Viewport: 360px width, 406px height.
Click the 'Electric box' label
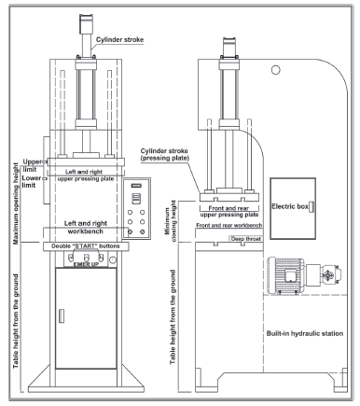[x=290, y=206]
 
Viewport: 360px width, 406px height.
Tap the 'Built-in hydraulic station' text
[x=305, y=333]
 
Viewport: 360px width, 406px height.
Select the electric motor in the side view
[x=304, y=275]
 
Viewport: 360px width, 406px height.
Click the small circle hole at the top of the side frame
[x=275, y=70]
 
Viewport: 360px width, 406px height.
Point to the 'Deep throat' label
[x=246, y=239]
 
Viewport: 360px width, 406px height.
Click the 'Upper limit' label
[x=32, y=165]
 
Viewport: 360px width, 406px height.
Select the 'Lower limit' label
[x=31, y=181]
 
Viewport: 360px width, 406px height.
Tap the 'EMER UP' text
[x=86, y=264]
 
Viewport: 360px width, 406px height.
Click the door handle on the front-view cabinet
[x=62, y=316]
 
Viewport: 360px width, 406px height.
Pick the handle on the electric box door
[x=312, y=207]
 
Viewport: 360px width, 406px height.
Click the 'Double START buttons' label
[x=86, y=246]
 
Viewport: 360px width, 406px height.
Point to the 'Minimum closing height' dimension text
[x=171, y=221]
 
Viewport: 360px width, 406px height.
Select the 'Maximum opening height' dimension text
[x=16, y=203]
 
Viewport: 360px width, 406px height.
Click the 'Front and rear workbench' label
[x=229, y=225]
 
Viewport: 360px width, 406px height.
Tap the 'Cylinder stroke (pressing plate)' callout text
[x=164, y=154]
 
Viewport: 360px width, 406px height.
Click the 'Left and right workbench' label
[x=86, y=228]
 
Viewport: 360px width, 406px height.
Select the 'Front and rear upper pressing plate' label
[x=229, y=212]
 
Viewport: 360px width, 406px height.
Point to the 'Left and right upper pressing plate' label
[x=86, y=175]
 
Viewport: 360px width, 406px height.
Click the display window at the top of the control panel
[x=136, y=186]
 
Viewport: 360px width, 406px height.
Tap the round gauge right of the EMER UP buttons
[x=113, y=259]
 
